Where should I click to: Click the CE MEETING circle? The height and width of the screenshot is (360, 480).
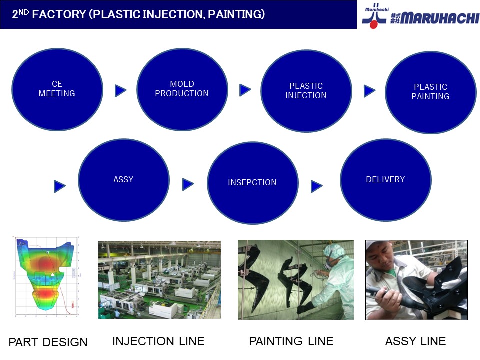click(x=57, y=89)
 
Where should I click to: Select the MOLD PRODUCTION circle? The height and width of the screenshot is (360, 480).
click(x=182, y=89)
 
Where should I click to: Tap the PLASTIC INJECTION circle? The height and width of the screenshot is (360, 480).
click(x=306, y=91)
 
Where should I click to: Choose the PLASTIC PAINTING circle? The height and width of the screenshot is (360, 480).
click(x=431, y=92)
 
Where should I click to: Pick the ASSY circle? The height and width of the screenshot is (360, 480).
click(x=124, y=180)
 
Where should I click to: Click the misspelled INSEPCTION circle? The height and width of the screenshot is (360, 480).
click(x=253, y=183)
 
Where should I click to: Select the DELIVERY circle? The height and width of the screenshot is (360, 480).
click(x=386, y=180)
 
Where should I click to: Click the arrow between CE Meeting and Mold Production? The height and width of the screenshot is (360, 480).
click(x=120, y=91)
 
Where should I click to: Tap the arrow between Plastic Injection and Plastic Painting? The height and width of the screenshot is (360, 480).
click(x=370, y=91)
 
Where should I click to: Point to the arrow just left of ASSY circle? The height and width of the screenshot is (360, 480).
click(x=59, y=186)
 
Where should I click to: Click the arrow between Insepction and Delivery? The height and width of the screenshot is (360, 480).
click(x=317, y=186)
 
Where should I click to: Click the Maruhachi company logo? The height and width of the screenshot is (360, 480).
click(x=420, y=16)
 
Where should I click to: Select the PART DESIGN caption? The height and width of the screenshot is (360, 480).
click(x=48, y=342)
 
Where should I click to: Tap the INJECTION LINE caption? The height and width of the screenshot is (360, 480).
click(x=158, y=341)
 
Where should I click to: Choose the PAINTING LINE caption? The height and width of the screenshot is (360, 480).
click(x=291, y=341)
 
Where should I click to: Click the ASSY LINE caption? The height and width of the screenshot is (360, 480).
click(x=415, y=341)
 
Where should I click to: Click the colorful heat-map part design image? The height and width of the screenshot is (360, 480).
click(x=46, y=276)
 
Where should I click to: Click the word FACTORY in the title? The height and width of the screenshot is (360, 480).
click(x=59, y=14)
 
